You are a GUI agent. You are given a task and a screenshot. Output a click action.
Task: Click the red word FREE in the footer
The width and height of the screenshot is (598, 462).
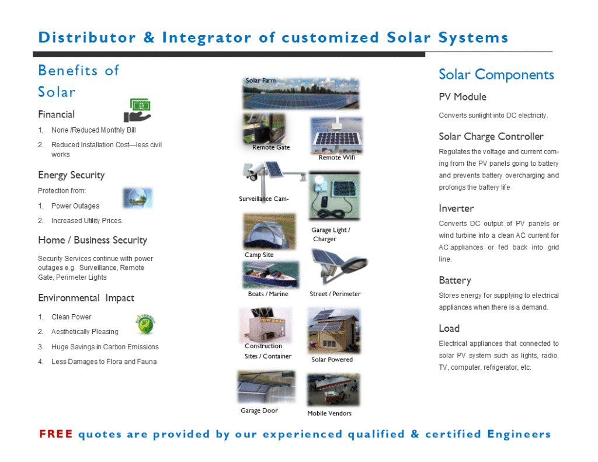pos(55,434)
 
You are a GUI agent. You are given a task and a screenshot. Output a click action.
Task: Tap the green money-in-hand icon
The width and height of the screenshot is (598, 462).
pos(138,110)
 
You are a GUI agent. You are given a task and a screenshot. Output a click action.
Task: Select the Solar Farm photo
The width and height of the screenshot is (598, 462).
pos(301,93)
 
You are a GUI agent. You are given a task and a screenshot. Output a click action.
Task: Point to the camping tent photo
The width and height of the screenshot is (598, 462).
pos(270,231)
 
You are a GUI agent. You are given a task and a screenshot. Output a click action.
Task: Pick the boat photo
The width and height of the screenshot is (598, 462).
pos(271,275)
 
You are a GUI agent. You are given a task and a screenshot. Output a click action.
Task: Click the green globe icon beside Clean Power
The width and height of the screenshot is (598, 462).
pos(145,324)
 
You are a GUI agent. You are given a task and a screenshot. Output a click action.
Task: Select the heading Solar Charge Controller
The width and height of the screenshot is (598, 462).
pos(491,137)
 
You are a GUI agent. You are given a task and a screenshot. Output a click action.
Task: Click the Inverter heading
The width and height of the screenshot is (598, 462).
pos(456,209)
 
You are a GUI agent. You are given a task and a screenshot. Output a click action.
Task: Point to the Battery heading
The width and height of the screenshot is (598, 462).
pos(455,280)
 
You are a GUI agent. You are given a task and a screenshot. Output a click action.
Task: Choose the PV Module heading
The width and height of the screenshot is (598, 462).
pos(463,97)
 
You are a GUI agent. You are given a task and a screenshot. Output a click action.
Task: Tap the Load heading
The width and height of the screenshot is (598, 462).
pos(449,328)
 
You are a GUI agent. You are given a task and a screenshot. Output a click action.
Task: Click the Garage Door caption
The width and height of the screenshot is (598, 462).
pos(259,411)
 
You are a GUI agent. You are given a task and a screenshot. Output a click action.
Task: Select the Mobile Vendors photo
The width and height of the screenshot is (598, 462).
pos(333,390)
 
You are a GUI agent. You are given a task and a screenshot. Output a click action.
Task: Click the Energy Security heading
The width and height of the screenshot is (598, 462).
pos(71,175)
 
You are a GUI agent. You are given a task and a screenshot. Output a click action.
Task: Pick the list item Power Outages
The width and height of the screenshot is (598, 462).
pos(75,206)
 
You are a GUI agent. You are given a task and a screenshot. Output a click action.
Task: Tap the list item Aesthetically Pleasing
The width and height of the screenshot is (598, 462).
pos(85,332)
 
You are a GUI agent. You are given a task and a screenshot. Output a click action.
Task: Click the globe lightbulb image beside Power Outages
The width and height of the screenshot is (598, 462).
pos(138,198)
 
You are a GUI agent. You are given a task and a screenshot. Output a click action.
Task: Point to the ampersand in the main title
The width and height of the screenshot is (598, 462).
pos(149,37)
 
